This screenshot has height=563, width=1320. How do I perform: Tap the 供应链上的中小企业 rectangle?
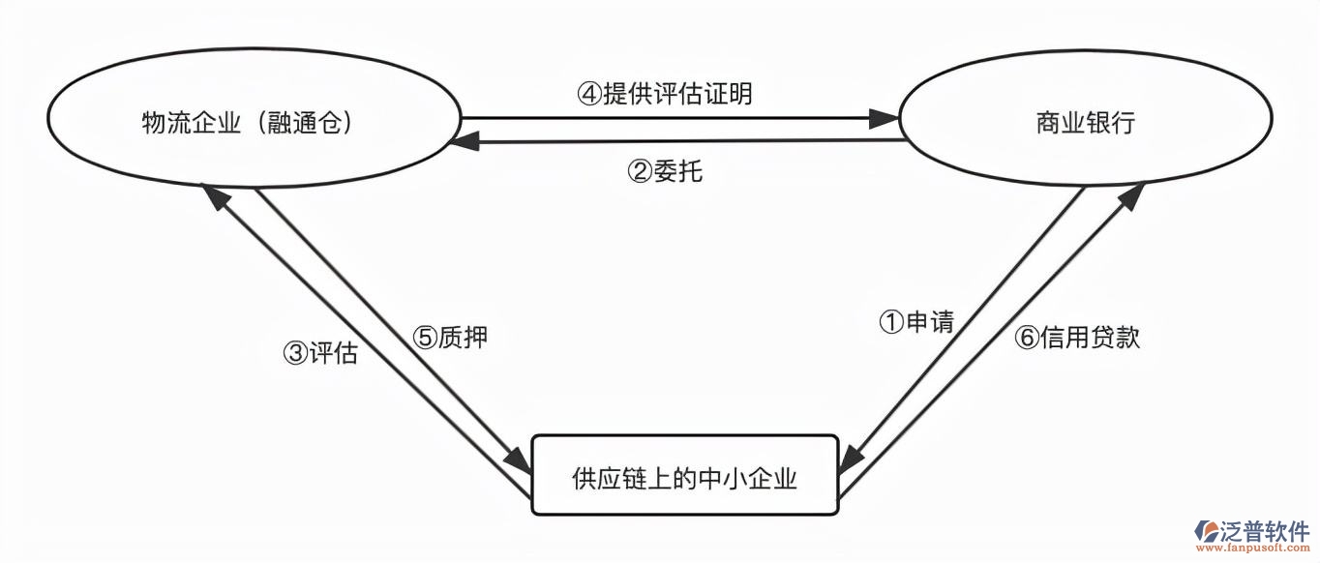(684, 476)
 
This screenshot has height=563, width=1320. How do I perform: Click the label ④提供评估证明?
(665, 94)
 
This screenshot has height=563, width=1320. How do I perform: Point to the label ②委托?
(666, 171)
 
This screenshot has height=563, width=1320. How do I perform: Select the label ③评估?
(320, 353)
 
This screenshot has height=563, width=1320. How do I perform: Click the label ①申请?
(915, 322)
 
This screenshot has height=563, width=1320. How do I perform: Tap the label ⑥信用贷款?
(1077, 337)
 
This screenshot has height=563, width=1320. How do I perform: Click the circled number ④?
(589, 94)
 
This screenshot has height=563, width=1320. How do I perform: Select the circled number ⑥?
(1027, 338)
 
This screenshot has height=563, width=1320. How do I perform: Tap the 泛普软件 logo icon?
(1208, 532)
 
